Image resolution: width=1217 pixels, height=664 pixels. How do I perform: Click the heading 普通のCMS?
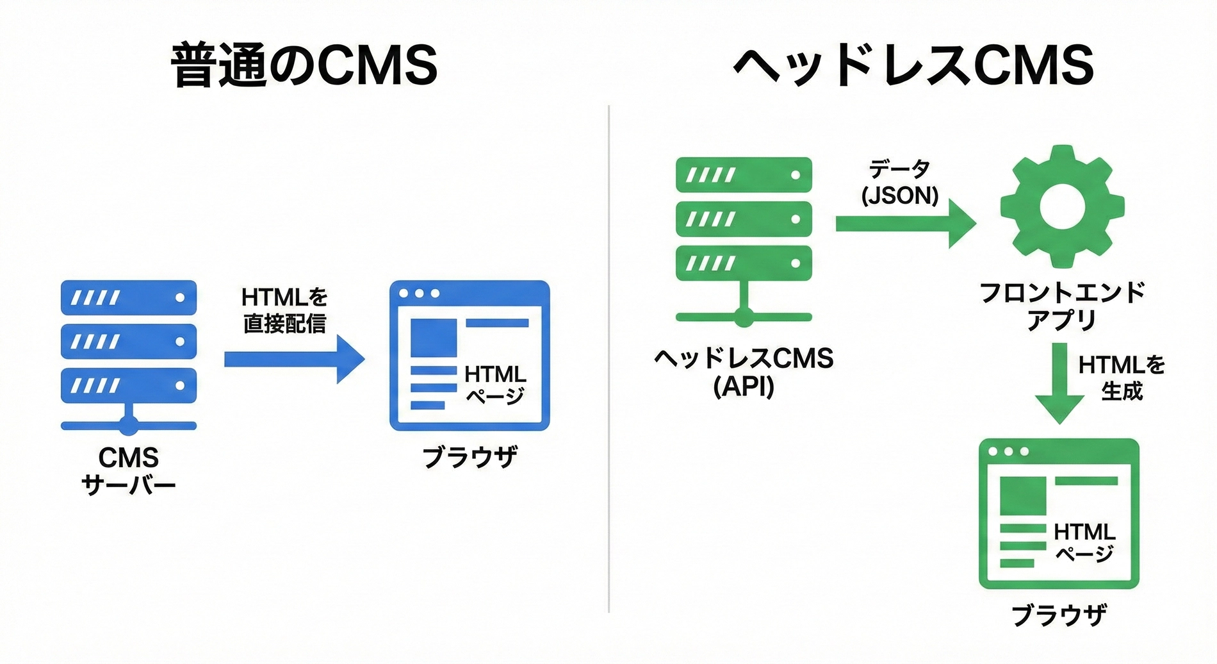(304, 65)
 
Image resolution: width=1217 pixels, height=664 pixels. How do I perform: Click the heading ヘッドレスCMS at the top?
(913, 65)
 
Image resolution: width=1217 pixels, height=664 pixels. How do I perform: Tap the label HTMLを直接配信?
(284, 310)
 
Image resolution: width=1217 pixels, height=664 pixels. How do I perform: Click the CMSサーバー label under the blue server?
(128, 471)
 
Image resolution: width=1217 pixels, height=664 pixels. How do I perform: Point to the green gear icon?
(1061, 206)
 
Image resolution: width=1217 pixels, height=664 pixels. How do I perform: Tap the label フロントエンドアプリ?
(1061, 306)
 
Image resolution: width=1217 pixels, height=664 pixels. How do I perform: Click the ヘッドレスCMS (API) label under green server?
(743, 372)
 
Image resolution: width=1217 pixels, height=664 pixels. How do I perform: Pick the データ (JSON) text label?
(900, 183)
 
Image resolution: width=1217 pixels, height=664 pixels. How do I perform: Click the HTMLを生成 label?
(1122, 378)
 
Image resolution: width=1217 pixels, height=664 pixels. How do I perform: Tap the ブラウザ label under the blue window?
(470, 458)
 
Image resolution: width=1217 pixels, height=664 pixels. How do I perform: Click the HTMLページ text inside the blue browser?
(495, 384)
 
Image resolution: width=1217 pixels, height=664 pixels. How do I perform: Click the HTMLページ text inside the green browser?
(1084, 542)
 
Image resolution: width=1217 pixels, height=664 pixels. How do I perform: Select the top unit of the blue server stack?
(129, 297)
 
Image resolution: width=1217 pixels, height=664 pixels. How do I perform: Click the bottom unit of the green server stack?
(744, 263)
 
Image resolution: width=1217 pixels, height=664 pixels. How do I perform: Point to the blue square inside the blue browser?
(434, 337)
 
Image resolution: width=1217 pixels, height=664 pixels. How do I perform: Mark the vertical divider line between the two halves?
(608, 359)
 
